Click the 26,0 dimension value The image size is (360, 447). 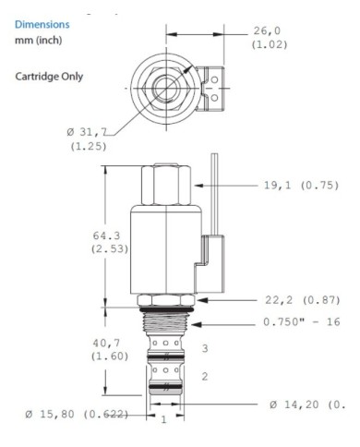click(270, 30)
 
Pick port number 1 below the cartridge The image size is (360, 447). click(163, 420)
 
